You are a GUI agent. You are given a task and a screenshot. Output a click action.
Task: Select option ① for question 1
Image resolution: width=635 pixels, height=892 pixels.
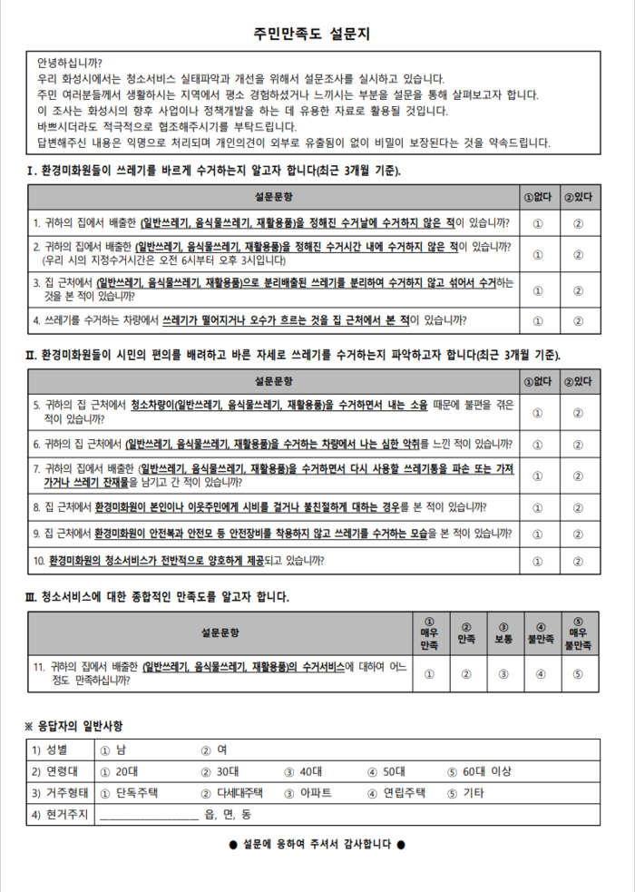[538, 223]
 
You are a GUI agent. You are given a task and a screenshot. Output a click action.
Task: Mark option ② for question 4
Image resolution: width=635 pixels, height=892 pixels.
[578, 320]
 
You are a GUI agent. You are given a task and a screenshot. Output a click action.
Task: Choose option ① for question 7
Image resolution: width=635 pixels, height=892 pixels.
[538, 475]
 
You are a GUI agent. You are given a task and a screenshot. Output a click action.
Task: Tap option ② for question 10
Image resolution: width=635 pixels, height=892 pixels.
[578, 561]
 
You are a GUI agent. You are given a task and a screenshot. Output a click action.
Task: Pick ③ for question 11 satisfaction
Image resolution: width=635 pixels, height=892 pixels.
[503, 673]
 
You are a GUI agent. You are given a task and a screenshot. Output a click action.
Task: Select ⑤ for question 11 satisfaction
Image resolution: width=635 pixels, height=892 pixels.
[578, 673]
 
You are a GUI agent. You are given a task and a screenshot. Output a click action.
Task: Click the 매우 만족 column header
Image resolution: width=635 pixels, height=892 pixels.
[429, 633]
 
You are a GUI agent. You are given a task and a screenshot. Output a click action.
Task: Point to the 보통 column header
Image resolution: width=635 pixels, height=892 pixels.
[503, 633]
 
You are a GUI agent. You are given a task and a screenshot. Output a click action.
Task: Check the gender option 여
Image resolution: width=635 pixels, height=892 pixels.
[214, 750]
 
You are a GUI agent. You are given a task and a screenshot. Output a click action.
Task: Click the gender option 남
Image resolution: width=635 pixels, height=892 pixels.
[113, 750]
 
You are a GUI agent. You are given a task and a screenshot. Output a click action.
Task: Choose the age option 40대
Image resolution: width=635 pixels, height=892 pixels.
[304, 771]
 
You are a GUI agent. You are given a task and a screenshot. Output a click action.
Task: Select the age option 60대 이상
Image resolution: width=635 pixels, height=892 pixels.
[481, 771]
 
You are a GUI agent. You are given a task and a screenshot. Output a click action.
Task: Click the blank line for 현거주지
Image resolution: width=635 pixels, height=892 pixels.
[148, 815]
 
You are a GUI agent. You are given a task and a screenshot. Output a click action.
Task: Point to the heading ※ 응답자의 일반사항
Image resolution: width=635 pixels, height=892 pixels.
[73, 726]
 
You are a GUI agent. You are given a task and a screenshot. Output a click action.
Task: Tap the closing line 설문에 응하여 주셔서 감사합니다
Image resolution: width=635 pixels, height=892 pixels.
[317, 844]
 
